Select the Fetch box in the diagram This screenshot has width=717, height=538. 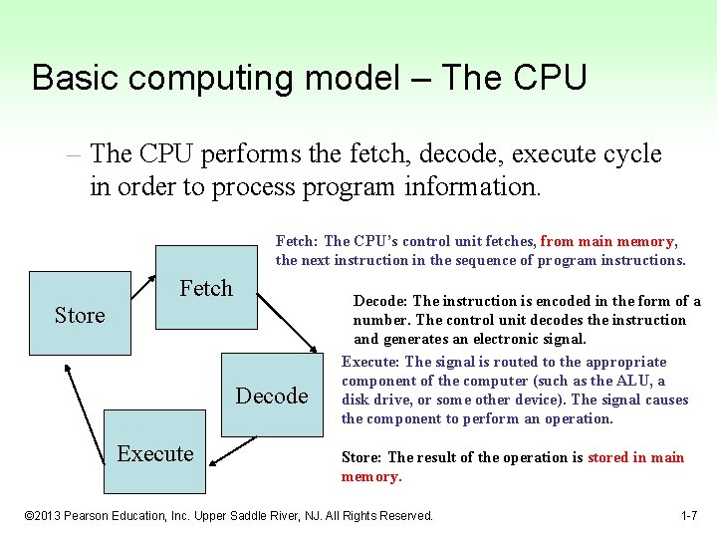coord(206,289)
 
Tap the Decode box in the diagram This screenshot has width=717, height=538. coord(271,396)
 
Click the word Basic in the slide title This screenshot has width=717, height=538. coord(70,78)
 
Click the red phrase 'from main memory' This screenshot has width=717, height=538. coord(607,241)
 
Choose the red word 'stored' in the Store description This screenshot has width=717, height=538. coord(607,457)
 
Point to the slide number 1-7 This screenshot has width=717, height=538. coord(688,515)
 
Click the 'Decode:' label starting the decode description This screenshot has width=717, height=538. coord(380,301)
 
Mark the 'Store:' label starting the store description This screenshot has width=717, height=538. coord(362,457)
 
